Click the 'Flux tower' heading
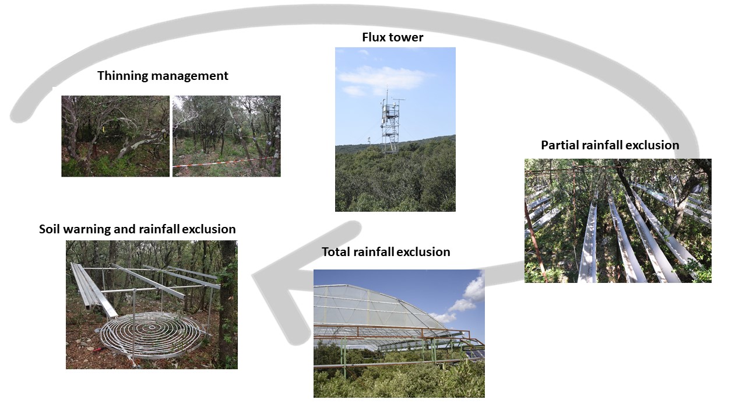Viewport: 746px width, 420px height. (x=392, y=38)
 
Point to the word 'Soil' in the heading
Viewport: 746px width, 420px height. (x=50, y=229)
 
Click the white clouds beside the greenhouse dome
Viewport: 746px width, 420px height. (x=469, y=297)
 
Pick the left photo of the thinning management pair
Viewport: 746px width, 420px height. (x=115, y=136)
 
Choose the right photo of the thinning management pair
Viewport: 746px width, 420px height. (x=226, y=136)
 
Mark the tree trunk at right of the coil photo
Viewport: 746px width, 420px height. (x=227, y=303)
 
